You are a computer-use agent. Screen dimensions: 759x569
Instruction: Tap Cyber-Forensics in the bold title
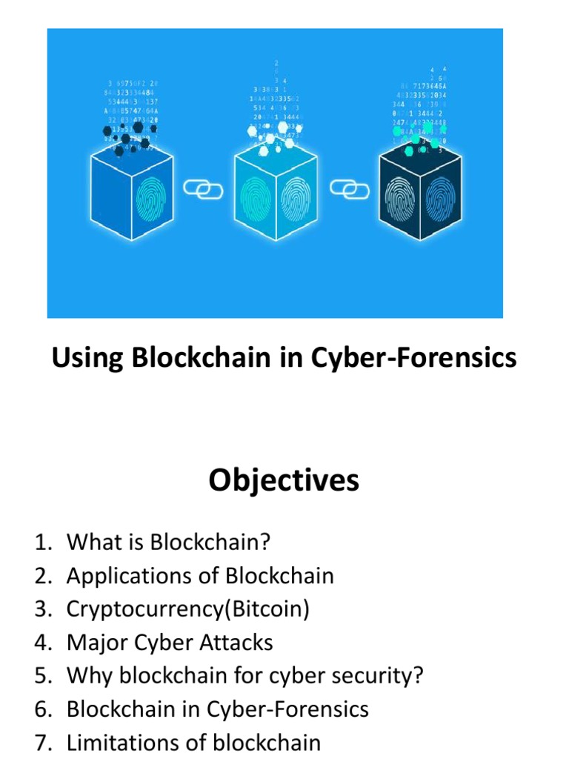click(413, 359)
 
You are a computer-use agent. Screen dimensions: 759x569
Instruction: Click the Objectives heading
click(284, 480)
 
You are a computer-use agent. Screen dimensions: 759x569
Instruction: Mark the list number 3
click(41, 609)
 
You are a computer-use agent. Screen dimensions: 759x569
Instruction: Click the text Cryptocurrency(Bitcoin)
click(187, 609)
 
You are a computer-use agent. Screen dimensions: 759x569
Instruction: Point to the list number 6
click(41, 709)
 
